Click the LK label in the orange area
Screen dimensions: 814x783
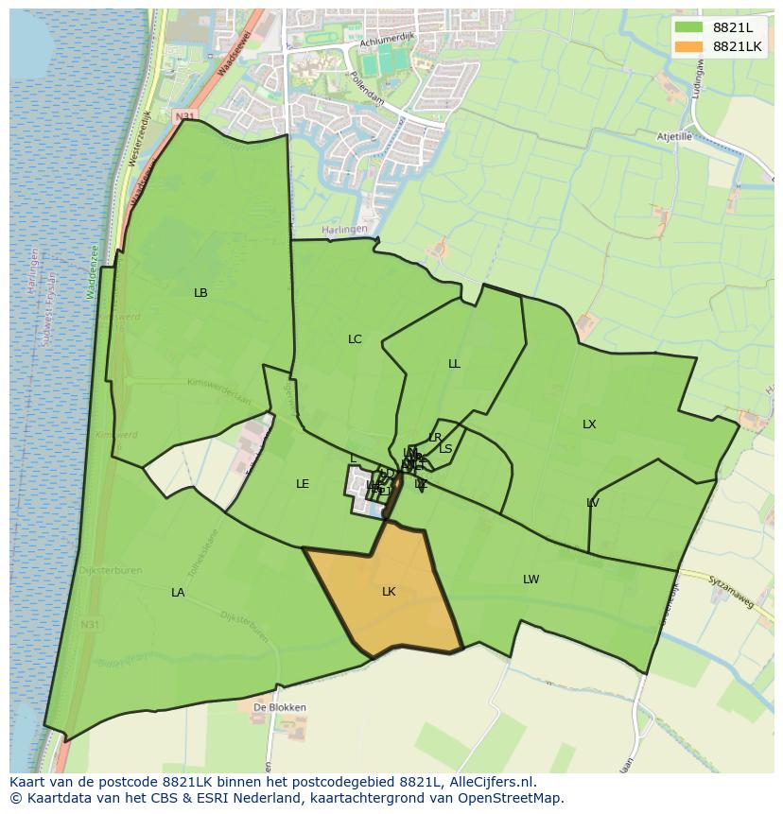click(x=389, y=592)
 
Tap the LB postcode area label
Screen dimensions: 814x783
click(x=200, y=293)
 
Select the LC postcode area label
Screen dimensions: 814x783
click(x=355, y=339)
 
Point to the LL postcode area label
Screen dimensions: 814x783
click(x=454, y=364)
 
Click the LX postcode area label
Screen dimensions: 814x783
click(x=589, y=424)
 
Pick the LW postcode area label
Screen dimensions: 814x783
click(x=531, y=580)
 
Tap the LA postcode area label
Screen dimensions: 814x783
click(x=178, y=593)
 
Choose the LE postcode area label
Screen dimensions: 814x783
click(x=303, y=484)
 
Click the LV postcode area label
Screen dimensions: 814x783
click(x=593, y=503)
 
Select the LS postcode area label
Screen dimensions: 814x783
click(x=445, y=449)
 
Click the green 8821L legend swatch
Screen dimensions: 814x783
click(x=689, y=27)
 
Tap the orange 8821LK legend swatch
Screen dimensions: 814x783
click(x=689, y=46)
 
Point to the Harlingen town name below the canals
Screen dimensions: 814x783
click(x=343, y=230)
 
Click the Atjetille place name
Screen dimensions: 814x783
click(x=675, y=136)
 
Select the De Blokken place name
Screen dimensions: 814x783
click(x=280, y=707)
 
